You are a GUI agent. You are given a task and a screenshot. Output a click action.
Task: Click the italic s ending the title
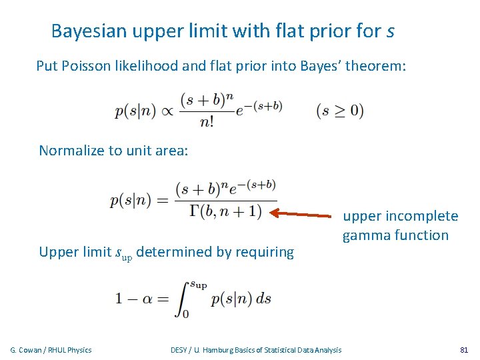click(389, 32)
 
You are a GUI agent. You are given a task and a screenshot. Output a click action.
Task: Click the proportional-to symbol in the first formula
click(164, 111)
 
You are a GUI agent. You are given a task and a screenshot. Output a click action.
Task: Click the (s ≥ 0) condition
click(340, 111)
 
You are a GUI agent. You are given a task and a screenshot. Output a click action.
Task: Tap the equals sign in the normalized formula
click(163, 201)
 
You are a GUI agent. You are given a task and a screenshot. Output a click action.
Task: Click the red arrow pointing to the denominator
click(303, 215)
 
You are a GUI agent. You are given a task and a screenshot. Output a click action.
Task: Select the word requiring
click(264, 252)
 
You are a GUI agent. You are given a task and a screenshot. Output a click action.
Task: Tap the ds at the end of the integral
click(264, 299)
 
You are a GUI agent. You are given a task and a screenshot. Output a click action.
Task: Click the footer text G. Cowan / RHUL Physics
click(51, 350)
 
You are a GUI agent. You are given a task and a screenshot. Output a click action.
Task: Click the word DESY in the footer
click(179, 350)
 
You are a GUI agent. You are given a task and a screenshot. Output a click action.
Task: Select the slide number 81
click(464, 350)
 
